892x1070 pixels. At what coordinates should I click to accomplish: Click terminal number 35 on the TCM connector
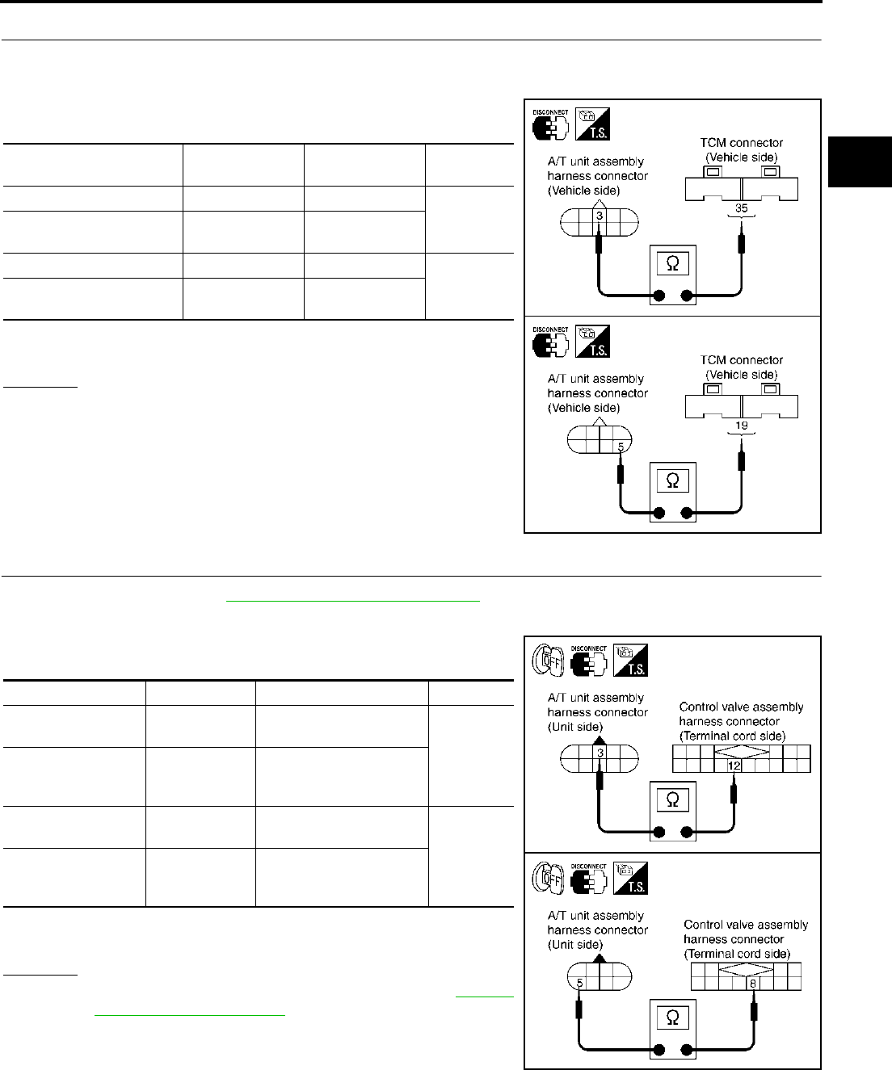coord(741,208)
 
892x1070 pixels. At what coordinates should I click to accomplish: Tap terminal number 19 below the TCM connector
coord(741,426)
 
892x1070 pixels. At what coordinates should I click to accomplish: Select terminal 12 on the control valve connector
coord(734,766)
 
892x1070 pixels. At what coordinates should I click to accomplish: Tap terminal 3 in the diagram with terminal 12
coord(600,753)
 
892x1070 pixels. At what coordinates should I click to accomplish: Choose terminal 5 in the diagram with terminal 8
coord(580,984)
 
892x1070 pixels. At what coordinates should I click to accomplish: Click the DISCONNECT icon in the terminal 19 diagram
coord(550,342)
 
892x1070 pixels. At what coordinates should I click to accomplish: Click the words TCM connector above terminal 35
coord(741,143)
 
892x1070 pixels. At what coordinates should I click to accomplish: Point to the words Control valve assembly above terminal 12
coord(741,707)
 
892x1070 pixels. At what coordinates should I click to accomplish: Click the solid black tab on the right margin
coord(860,162)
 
